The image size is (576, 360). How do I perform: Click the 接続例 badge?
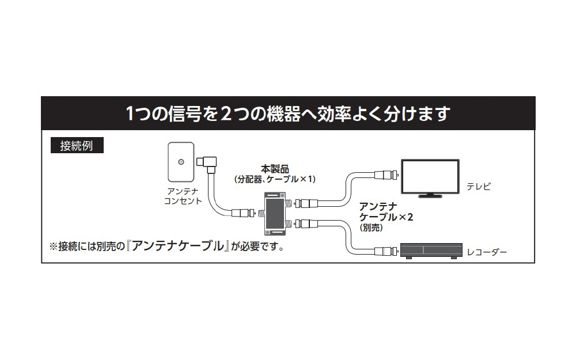point(77,146)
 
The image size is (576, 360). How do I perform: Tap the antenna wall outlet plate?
point(181,162)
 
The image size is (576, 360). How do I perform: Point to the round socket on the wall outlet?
point(181,162)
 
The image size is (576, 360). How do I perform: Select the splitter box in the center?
point(275,214)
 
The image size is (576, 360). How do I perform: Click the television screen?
point(430,176)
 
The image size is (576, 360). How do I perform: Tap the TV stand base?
point(430,196)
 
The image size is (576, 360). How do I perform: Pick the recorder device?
point(431,251)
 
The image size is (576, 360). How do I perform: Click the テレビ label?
point(478,187)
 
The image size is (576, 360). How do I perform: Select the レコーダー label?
point(486,252)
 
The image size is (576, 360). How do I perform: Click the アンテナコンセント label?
point(183,196)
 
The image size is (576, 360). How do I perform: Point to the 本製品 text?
point(275,169)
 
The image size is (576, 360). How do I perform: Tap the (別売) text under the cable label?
point(371,228)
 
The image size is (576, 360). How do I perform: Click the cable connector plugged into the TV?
point(387,174)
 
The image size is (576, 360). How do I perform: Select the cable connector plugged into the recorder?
point(387,252)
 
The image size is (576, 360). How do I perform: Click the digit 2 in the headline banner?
point(226,113)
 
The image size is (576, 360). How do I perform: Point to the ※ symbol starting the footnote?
point(54,246)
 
